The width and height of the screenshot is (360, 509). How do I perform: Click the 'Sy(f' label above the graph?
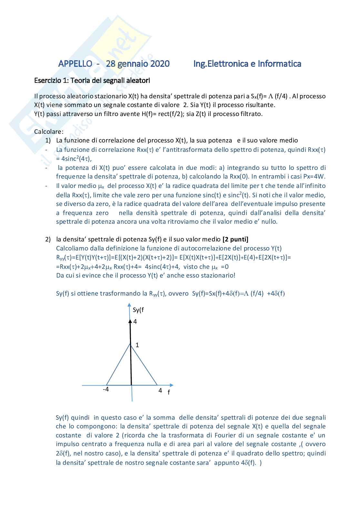138,310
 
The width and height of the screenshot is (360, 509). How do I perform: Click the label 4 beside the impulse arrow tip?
135,321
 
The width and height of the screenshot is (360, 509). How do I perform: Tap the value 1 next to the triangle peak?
137,345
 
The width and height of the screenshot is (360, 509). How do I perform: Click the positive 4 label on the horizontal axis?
160,390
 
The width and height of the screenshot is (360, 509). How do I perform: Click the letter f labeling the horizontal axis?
169,392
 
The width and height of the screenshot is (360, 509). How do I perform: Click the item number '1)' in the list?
48,141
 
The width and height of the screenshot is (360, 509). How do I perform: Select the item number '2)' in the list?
48,239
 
